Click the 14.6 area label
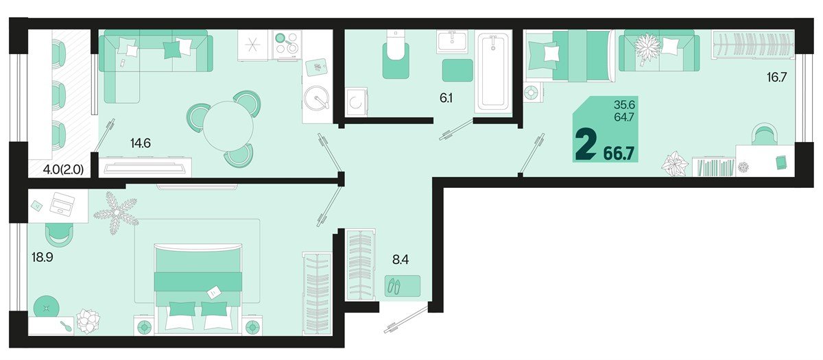tap(141, 143)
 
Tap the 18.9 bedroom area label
tap(43, 257)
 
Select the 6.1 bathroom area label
tap(446, 98)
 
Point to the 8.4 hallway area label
tap(401, 260)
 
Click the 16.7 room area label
tap(776, 77)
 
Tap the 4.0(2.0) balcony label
tap(63, 169)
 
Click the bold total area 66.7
tap(619, 153)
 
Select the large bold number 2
tap(586, 146)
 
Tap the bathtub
tap(493, 71)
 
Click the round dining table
tap(228, 126)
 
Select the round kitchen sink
tap(316, 97)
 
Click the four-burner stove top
tap(287, 45)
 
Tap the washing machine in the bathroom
tap(357, 101)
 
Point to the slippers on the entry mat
tap(395, 286)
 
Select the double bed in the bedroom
tap(198, 289)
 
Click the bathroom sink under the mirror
tap(453, 41)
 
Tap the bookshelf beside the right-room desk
tap(714, 167)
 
